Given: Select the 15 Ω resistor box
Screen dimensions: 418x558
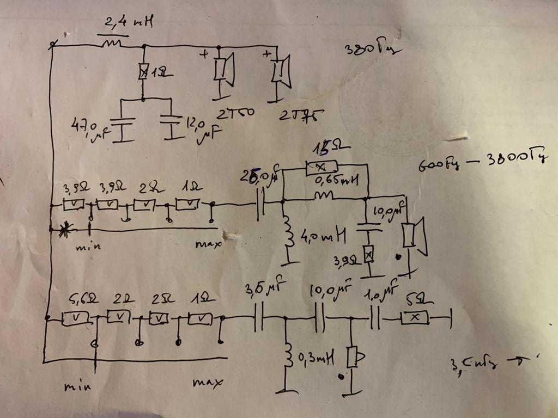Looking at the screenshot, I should click(x=322, y=168).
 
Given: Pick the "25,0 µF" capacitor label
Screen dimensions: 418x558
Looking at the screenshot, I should click(x=260, y=178).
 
